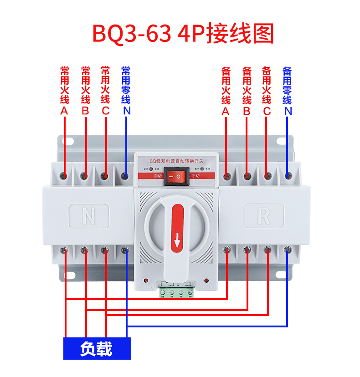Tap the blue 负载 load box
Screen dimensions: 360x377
[x=97, y=349]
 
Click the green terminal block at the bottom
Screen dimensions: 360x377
[x=177, y=292]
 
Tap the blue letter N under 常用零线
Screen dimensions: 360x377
[x=126, y=111]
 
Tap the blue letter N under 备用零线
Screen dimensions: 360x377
[x=288, y=111]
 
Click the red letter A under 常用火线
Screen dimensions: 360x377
[x=64, y=111]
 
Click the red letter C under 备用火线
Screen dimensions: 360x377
[x=267, y=111]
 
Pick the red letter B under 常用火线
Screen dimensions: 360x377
[x=85, y=111]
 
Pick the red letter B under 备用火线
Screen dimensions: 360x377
[x=247, y=111]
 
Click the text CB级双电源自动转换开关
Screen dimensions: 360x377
[x=177, y=161]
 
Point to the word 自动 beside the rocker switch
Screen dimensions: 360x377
[x=158, y=175]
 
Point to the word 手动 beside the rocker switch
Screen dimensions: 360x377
[x=195, y=175]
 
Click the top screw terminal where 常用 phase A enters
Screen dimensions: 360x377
[x=64, y=176]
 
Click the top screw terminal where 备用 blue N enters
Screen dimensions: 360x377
[x=288, y=175]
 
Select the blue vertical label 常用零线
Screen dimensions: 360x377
[x=126, y=85]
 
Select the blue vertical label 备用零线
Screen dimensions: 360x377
[x=288, y=85]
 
